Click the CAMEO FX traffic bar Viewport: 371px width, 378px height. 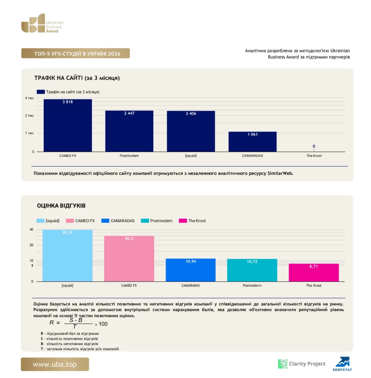tap(68, 126)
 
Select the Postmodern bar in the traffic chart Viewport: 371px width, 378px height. tap(129, 131)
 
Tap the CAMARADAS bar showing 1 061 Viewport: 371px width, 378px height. tap(252, 142)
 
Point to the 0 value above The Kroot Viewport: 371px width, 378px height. tap(314, 146)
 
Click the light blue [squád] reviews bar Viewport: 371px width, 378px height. tap(67, 255)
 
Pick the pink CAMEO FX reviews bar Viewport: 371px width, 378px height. tap(129, 259)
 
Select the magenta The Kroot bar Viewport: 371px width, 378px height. tap(314, 272)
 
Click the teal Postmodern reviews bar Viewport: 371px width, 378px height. tap(252, 270)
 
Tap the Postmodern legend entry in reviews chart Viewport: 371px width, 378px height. tap(157, 221)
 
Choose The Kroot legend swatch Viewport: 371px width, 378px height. tap(183, 221)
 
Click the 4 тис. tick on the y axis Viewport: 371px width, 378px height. tap(30, 98)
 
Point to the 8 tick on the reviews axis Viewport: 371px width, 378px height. tap(32, 265)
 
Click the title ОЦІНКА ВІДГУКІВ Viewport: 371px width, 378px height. tap(61, 206)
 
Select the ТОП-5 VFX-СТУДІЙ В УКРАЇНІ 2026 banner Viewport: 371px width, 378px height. tap(75, 53)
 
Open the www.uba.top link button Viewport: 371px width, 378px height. tap(55, 364)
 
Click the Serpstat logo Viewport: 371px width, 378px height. tap(342, 364)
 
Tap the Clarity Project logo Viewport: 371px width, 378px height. tap(302, 364)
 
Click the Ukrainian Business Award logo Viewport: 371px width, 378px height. tap(42, 23)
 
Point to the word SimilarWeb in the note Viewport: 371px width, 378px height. tap(280, 173)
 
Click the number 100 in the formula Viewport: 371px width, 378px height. tap(103, 324)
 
